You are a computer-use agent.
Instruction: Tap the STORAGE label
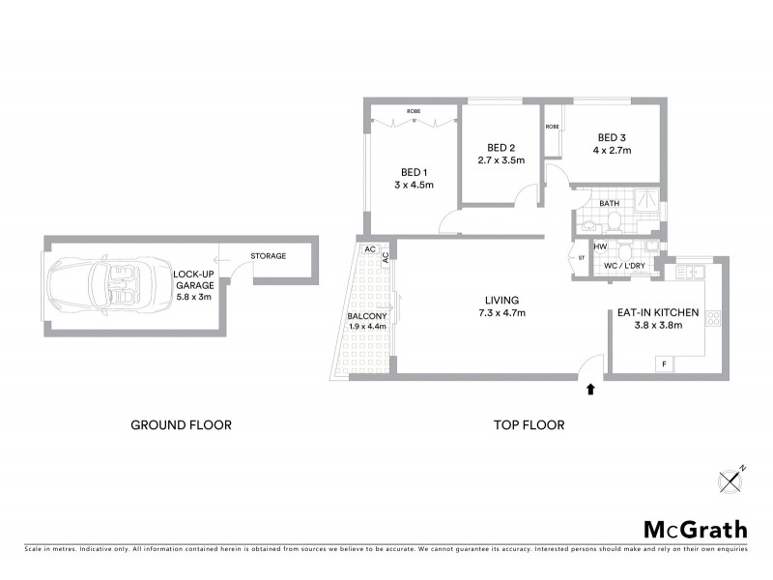click(268, 256)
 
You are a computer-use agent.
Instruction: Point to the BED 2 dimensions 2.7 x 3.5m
click(501, 160)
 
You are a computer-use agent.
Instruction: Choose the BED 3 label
click(613, 137)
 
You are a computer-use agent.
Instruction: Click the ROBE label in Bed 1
click(413, 111)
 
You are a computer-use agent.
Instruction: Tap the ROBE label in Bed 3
click(553, 127)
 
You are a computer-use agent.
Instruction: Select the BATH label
click(609, 204)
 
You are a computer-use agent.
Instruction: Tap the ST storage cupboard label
click(582, 258)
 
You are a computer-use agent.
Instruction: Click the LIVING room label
click(502, 300)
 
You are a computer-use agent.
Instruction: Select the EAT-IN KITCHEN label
click(656, 312)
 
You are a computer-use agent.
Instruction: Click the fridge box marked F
click(664, 363)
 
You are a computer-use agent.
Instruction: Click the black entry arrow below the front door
click(591, 389)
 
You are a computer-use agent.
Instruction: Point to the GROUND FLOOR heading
click(181, 424)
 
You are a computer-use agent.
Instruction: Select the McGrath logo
click(695, 529)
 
